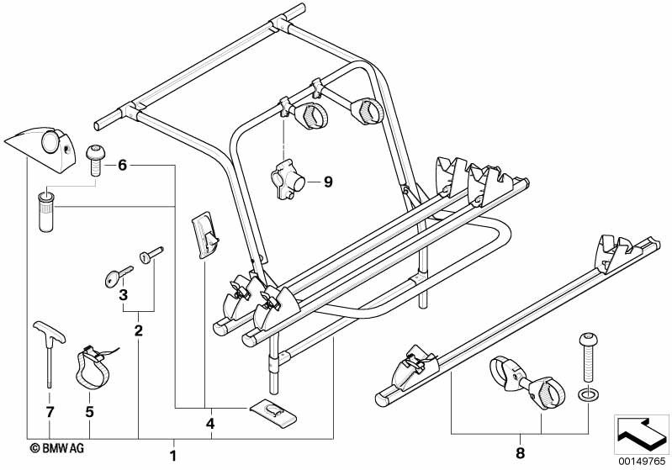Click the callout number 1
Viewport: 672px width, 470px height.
click(173, 456)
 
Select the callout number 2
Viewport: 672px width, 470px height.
click(139, 330)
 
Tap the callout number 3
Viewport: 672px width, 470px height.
click(123, 295)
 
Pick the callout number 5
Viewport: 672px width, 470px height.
click(90, 412)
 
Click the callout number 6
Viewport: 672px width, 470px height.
click(122, 166)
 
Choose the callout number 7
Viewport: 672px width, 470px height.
click(50, 412)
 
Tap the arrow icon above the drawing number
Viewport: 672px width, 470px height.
click(641, 432)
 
